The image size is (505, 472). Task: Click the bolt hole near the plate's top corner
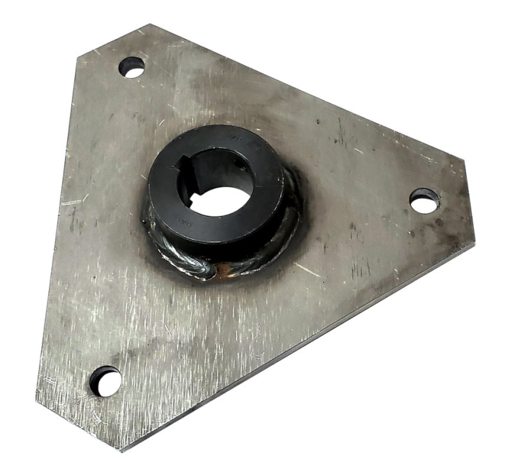pos(132,67)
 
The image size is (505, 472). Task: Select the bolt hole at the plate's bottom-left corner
pos(105,380)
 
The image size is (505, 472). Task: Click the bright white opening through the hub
pos(219,198)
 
